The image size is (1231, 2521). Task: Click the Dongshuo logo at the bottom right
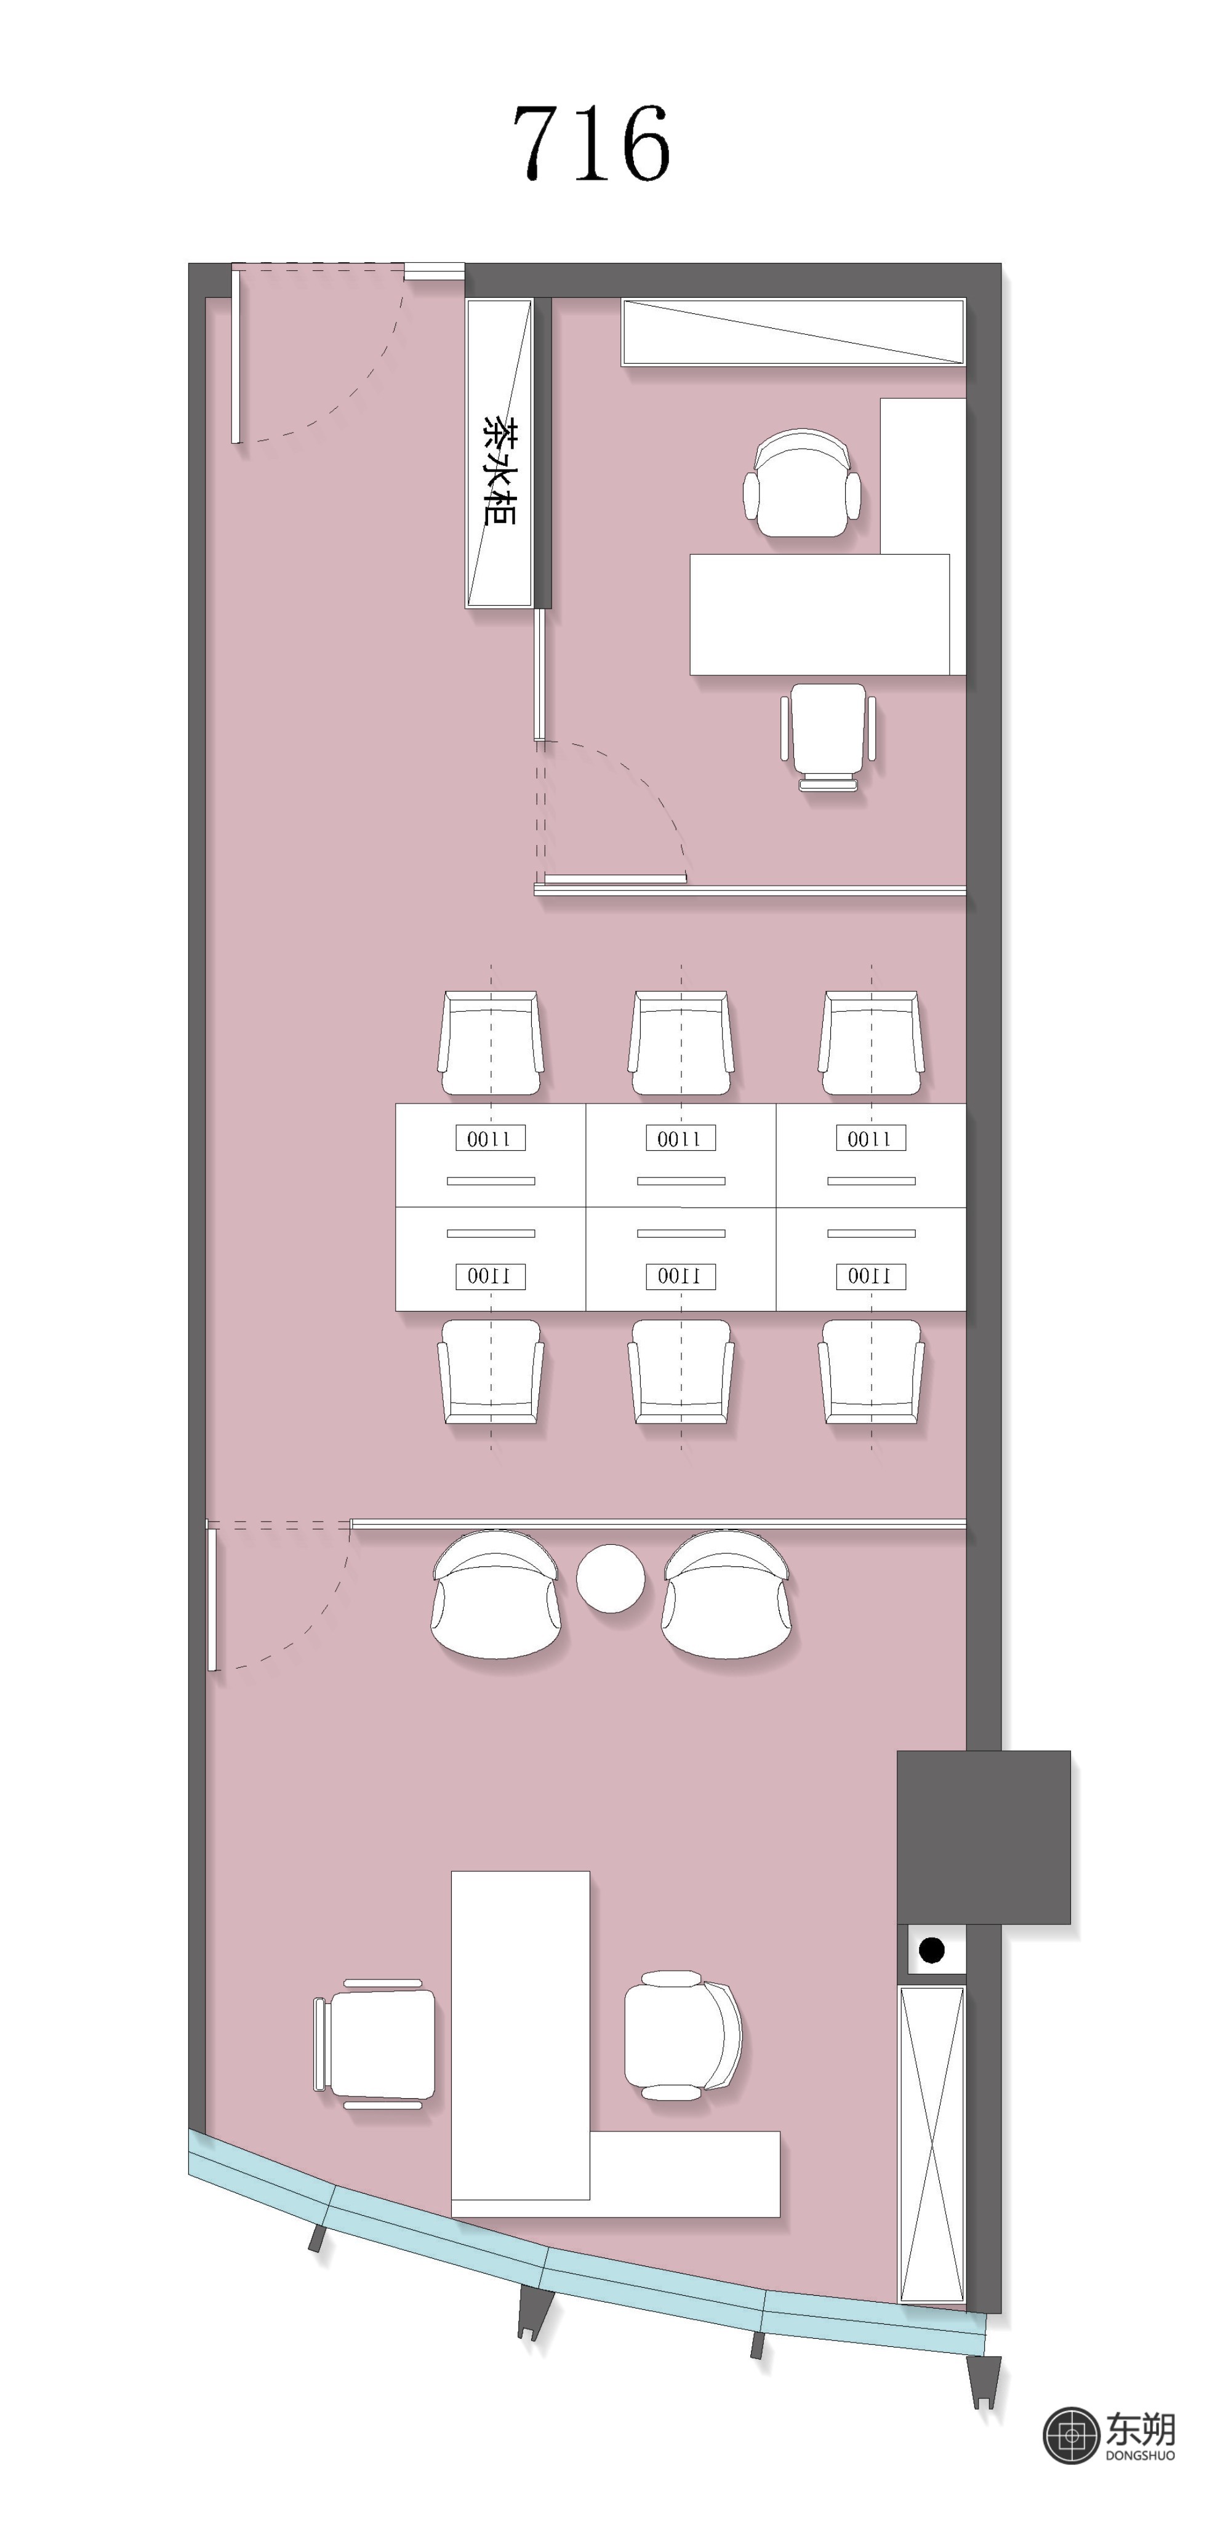[1110, 2435]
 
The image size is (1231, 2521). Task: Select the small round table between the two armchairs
[611, 1577]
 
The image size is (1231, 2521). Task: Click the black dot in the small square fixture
[932, 1949]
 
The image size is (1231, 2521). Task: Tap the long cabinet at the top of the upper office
[793, 332]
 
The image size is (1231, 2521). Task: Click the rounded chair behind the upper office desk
[801, 483]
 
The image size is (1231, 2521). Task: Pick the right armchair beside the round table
[726, 1594]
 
